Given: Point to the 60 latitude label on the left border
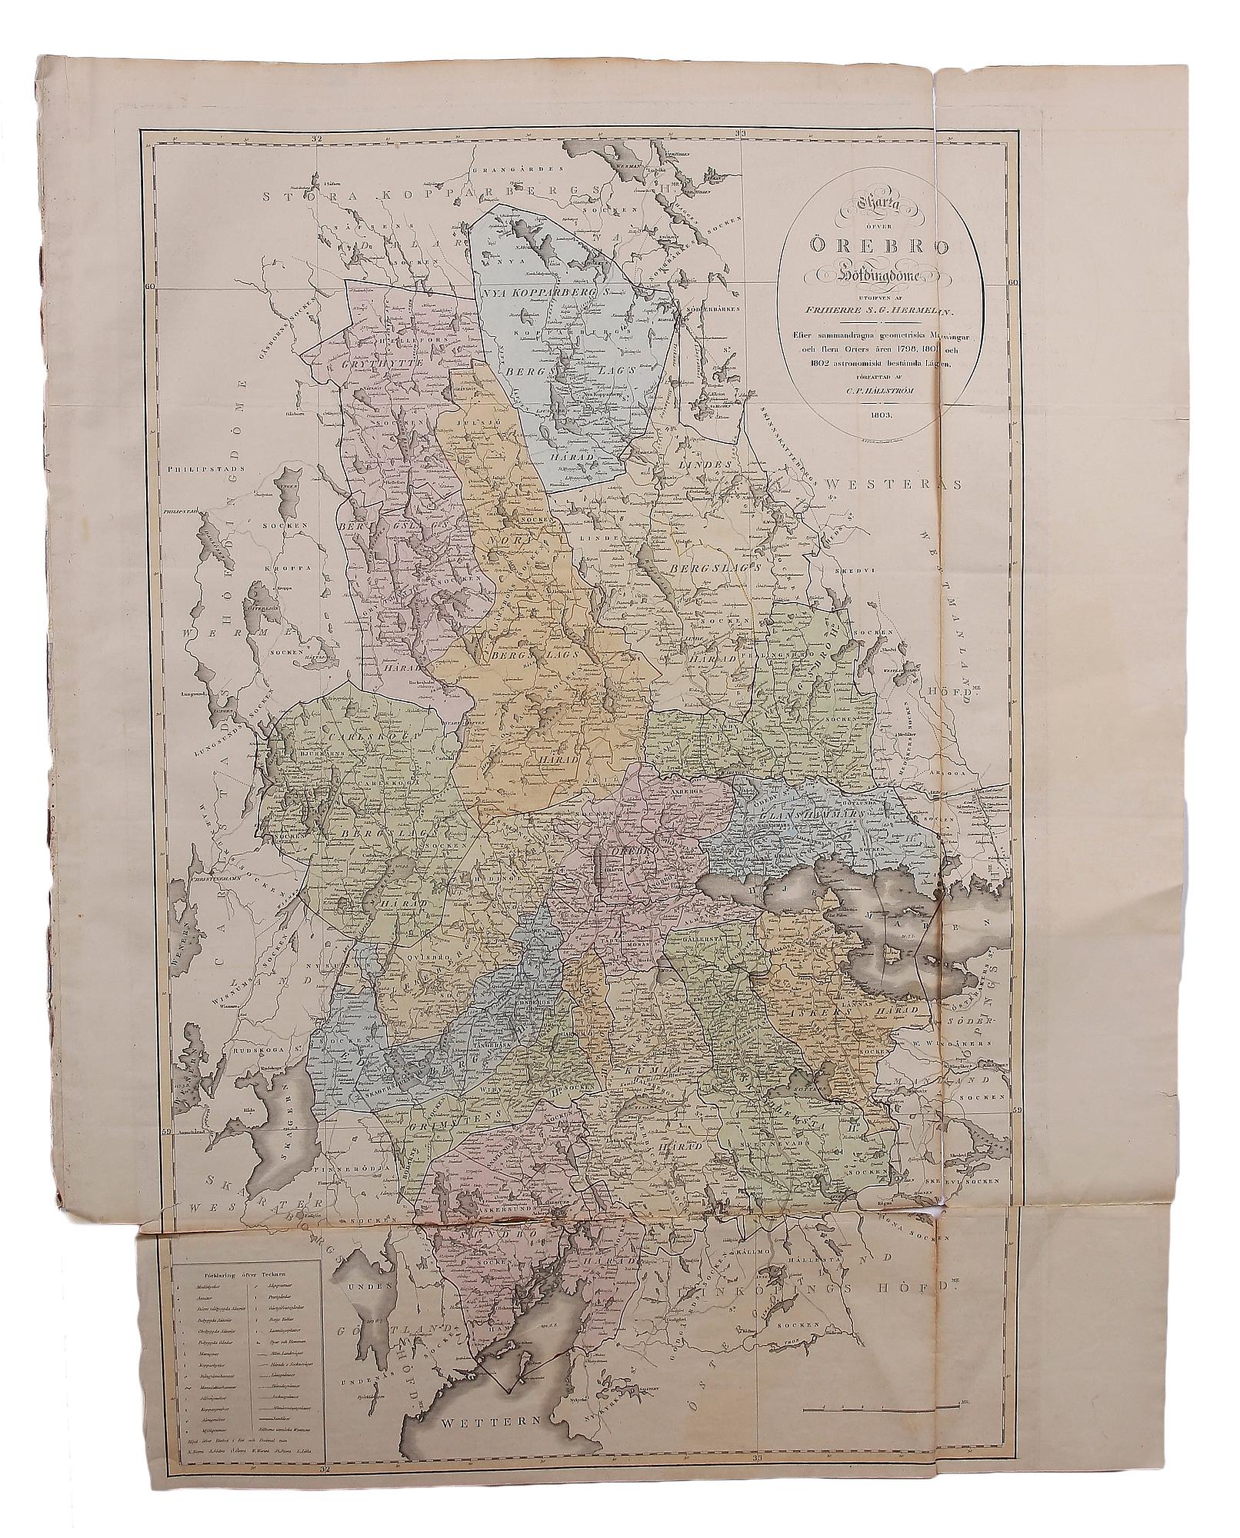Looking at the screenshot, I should click(149, 285).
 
